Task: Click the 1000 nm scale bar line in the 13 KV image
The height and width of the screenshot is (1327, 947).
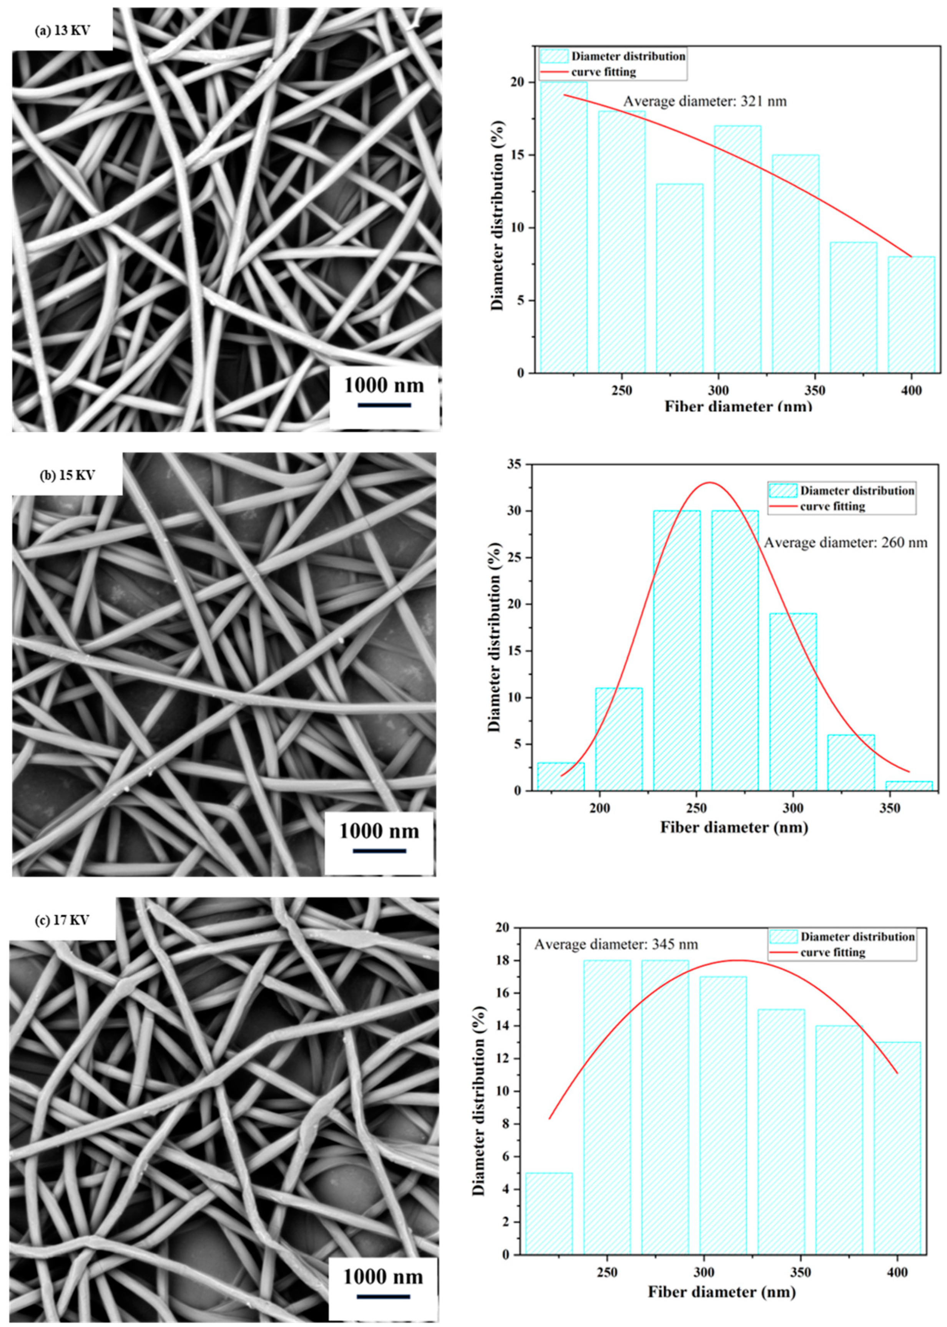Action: tap(384, 404)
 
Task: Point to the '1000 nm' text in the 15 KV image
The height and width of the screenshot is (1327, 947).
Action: tap(379, 830)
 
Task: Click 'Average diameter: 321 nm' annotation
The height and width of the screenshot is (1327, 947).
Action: tap(704, 101)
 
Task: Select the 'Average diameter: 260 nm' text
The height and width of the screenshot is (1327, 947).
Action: tap(845, 543)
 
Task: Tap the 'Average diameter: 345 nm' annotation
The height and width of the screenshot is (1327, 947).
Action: tap(616, 944)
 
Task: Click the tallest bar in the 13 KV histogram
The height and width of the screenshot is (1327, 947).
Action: tap(563, 227)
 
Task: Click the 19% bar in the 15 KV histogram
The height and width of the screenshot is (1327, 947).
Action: tap(793, 702)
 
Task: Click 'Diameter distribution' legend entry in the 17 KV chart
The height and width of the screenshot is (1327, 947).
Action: tap(857, 936)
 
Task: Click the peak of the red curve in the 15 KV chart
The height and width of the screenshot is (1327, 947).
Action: tap(709, 482)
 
